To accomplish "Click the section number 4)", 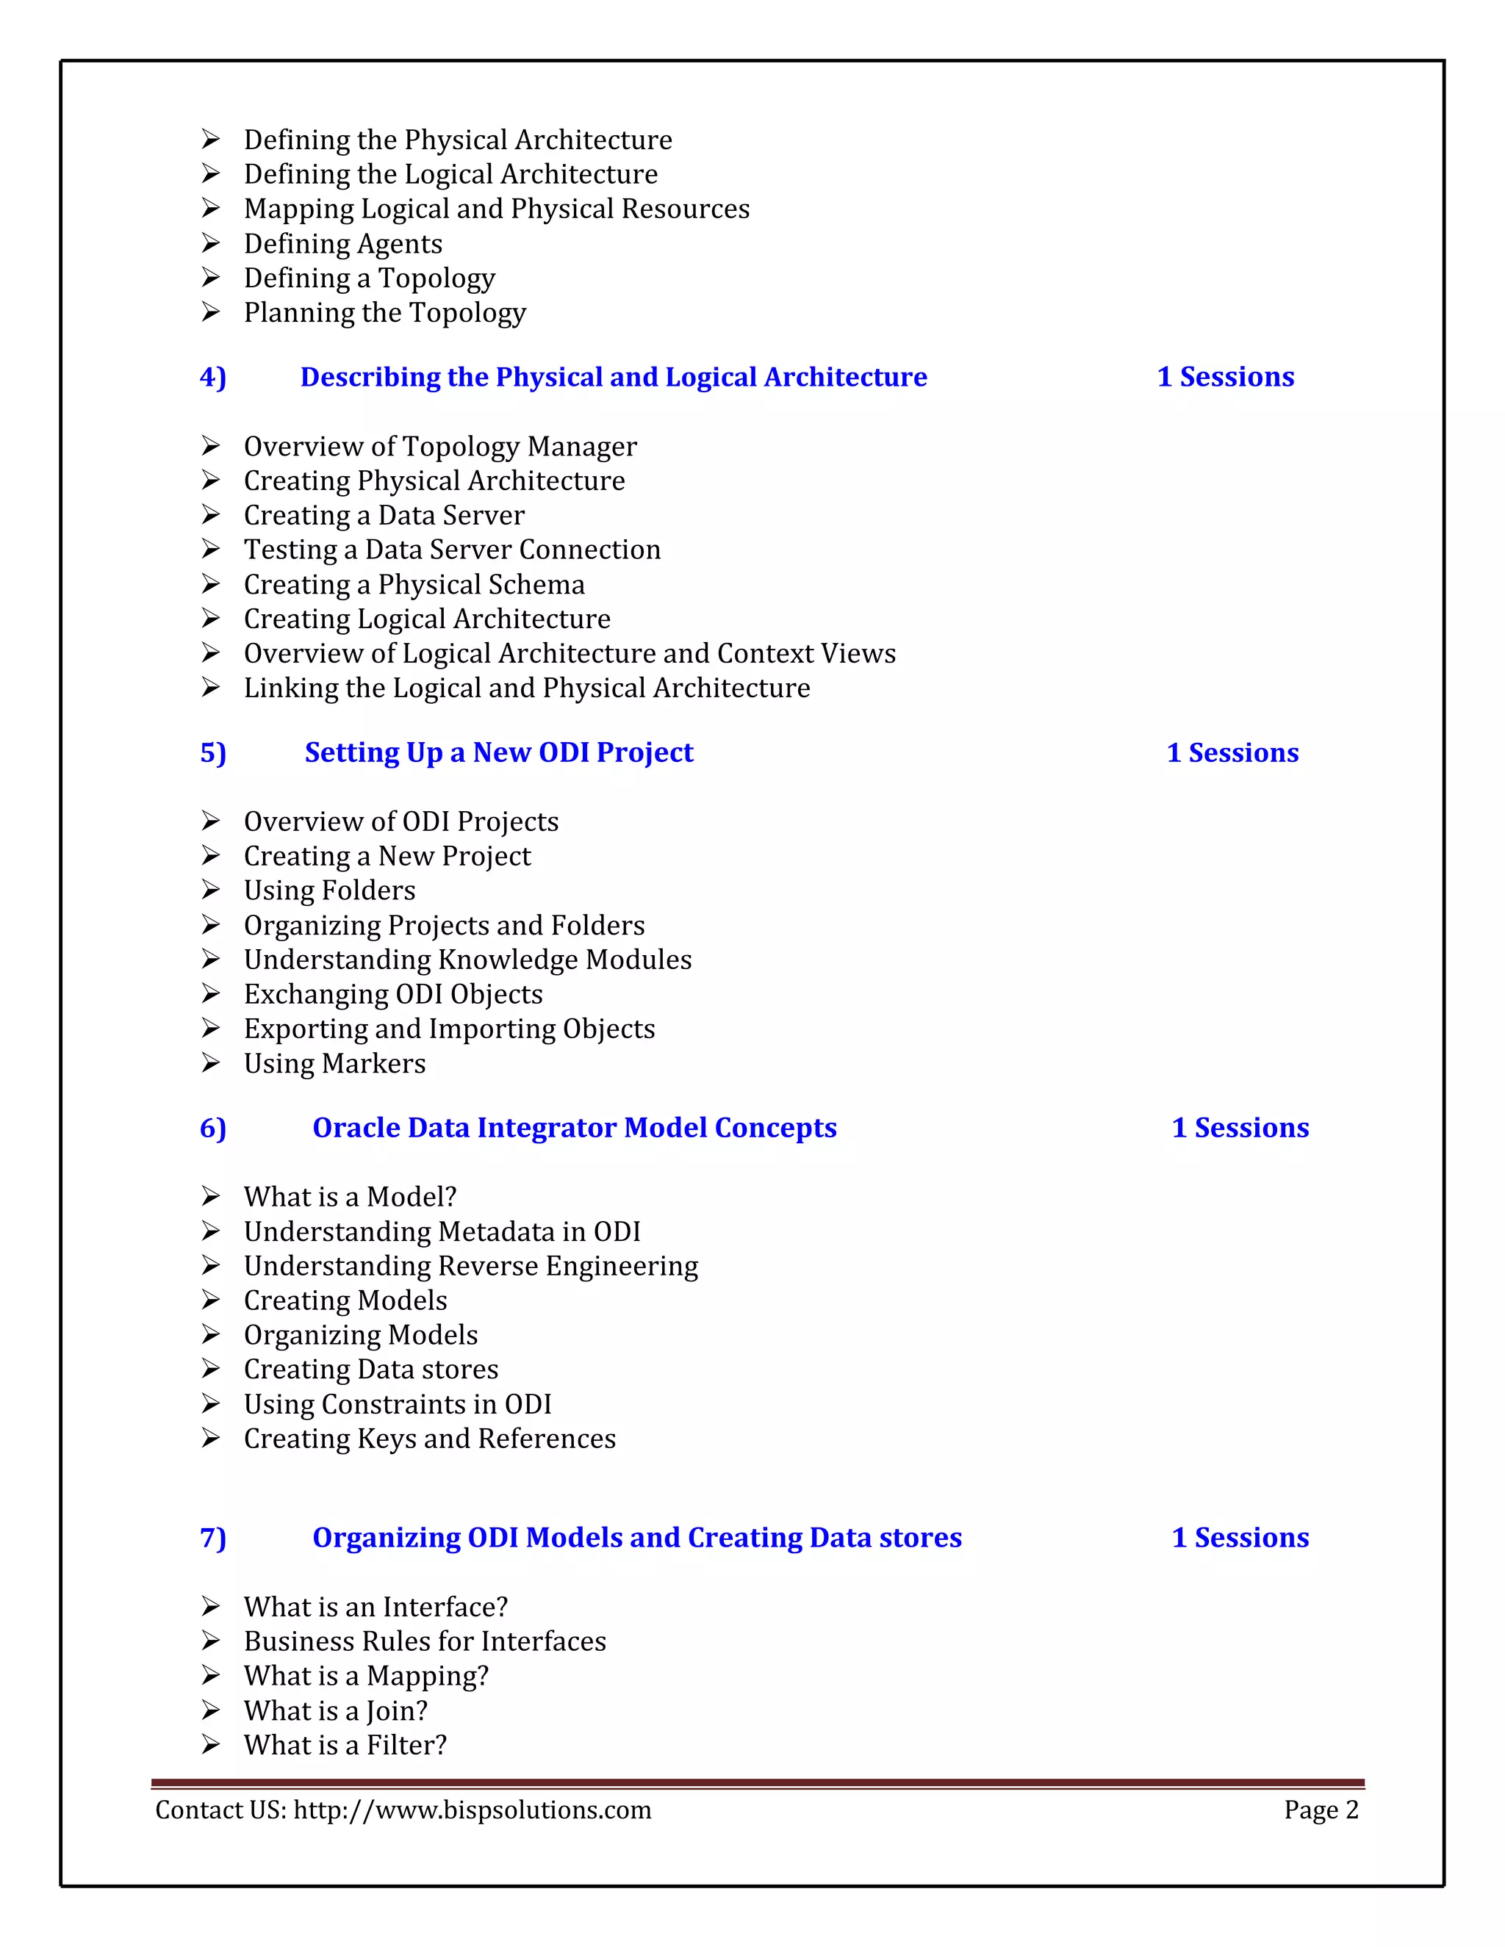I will click(x=213, y=377).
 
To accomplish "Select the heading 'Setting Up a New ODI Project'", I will click(x=498, y=752).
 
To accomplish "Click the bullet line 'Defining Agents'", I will click(x=342, y=243).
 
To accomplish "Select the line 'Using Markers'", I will click(x=334, y=1064).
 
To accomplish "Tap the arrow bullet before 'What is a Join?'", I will click(x=210, y=1710).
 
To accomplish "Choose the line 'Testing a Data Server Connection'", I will click(x=452, y=550).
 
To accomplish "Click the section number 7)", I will click(x=213, y=1538).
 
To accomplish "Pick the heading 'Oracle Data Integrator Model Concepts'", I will click(x=574, y=1128).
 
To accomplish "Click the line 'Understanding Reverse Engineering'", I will click(x=471, y=1266).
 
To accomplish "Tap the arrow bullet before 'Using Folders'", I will click(x=210, y=890).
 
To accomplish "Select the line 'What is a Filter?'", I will click(x=345, y=1745).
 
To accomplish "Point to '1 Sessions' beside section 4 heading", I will click(x=1225, y=377).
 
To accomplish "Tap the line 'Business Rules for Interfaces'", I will click(x=425, y=1641).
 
